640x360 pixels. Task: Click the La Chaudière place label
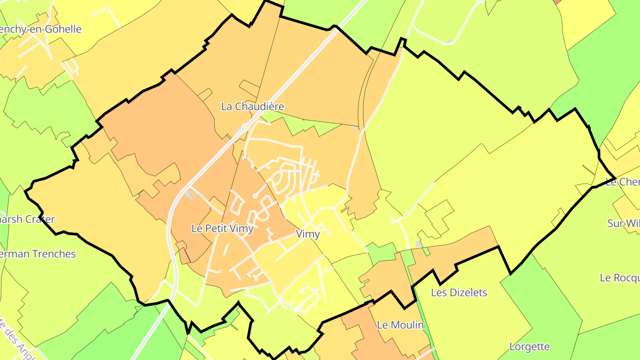252,107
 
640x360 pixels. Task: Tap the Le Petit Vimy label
222,228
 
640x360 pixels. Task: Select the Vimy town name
308,234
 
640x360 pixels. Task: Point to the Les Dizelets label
459,292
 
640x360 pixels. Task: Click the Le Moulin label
400,325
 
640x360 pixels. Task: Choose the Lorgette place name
529,347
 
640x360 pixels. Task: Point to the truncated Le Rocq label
619,278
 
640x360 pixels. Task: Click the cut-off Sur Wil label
623,223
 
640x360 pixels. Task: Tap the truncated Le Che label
622,182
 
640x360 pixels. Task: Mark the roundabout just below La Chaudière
244,128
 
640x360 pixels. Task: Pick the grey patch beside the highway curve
190,194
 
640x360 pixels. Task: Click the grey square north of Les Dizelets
418,244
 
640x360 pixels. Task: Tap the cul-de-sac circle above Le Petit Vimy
255,196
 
